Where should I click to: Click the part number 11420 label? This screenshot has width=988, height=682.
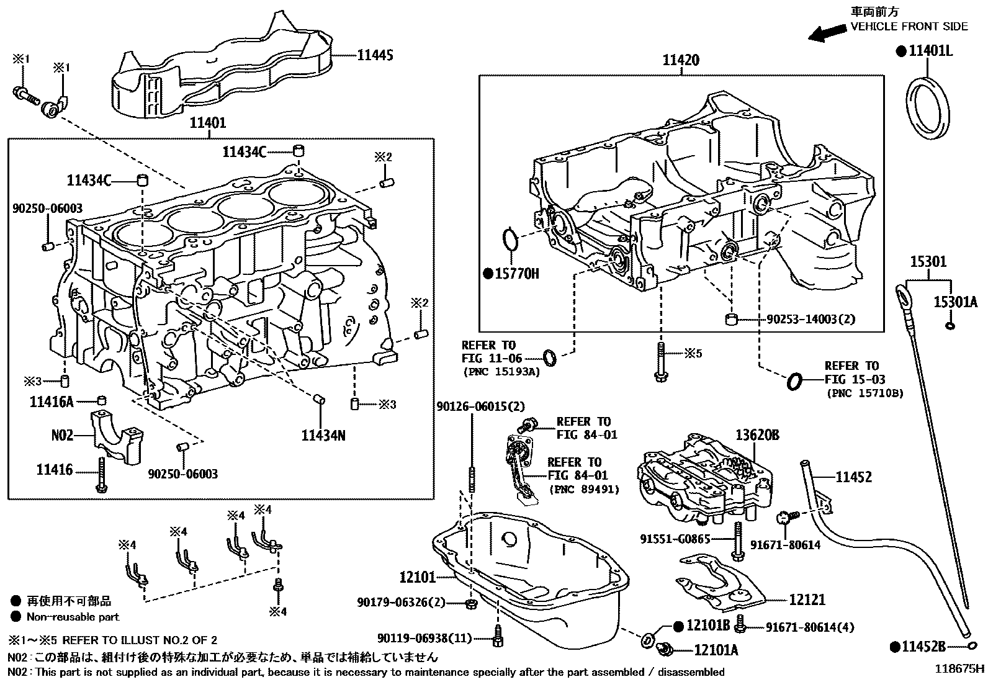pos(681,60)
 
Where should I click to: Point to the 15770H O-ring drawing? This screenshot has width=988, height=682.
pos(510,241)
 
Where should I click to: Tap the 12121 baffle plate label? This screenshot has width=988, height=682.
pos(807,599)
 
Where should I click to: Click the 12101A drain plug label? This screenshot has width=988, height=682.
pos(716,650)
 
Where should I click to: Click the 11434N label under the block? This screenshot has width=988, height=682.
pos(323,436)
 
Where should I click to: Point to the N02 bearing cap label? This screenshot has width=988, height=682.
pos(62,436)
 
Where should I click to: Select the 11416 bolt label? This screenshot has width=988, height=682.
pos(55,470)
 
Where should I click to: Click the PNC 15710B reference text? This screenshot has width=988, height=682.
pos(864,393)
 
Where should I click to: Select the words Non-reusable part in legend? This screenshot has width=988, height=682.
pos(73,617)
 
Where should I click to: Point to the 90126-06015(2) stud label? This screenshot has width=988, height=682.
pos(480,406)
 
